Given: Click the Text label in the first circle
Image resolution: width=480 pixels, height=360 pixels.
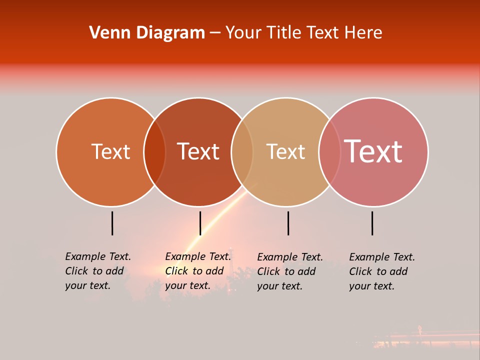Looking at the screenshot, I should click(110, 151).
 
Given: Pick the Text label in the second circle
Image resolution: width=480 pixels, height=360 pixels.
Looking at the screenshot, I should click(198, 151).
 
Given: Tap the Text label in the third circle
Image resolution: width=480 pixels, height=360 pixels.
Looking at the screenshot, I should click(285, 151).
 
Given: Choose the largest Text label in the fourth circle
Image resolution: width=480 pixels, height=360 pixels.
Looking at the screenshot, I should click(373, 151).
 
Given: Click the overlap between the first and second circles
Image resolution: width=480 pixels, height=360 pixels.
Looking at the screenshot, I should click(154, 152).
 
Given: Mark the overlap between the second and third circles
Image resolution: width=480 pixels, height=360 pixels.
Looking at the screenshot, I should click(242, 152).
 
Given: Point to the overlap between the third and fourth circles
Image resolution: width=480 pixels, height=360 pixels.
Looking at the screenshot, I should click(329, 152).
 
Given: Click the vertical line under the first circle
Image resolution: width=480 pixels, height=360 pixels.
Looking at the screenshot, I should click(112, 223).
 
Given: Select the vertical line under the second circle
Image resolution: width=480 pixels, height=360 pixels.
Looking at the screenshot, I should click(200, 223).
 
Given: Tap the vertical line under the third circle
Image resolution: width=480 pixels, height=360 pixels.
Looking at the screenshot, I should click(288, 223).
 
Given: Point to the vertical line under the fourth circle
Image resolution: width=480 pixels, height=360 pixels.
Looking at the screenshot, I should click(372, 223).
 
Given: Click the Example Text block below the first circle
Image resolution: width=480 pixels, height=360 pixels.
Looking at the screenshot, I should click(98, 271).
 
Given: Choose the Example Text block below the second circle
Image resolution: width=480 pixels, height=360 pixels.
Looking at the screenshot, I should click(198, 271).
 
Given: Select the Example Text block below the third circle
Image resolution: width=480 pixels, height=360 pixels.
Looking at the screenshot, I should click(290, 271).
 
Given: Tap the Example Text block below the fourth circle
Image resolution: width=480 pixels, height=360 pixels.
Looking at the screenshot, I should click(382, 271).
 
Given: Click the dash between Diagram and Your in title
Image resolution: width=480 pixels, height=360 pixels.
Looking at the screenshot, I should click(215, 33).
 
